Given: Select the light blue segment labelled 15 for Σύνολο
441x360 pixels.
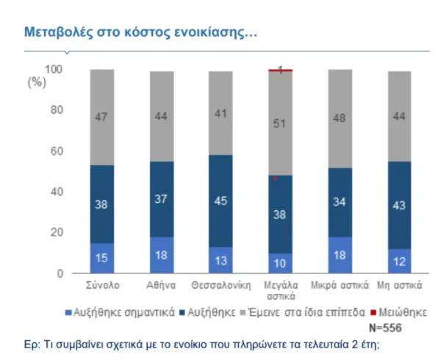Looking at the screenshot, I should (102, 258).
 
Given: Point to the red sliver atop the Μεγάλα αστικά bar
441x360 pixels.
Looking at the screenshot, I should (280, 71).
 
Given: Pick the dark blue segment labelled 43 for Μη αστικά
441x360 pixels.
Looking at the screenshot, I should (399, 205).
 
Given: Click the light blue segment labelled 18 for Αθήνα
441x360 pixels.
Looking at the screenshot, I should (162, 255).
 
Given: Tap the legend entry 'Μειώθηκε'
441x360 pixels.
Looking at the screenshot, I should (404, 312).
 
